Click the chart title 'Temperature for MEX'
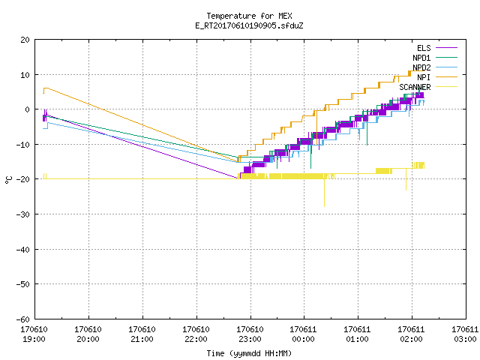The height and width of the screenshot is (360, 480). point(249,16)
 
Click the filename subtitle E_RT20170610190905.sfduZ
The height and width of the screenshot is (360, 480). point(249,25)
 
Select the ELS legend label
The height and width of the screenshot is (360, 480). point(424,48)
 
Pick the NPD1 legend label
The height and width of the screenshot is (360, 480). point(421,58)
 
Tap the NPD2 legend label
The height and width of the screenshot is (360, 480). point(421,67)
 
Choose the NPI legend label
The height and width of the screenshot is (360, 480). point(424,77)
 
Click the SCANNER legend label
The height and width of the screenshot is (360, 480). point(415,87)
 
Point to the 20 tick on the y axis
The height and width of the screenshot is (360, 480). point(25,40)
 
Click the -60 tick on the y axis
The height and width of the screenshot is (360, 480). point(23,319)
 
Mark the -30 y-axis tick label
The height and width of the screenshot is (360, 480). point(23,214)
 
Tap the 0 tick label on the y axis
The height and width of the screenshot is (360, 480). point(28,109)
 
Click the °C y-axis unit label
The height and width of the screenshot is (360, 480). point(8,180)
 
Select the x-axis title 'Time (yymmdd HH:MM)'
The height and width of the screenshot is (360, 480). point(249,353)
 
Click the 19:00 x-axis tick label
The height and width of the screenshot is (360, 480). point(34,339)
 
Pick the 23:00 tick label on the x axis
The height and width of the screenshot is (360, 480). point(250,339)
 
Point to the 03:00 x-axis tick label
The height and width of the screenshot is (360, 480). point(465,339)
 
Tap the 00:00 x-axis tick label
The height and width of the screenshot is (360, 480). point(303,339)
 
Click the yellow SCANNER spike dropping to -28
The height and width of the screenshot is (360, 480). point(324,193)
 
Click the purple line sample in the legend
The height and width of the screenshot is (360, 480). point(446,48)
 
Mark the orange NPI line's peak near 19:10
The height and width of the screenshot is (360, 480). point(46,88)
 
